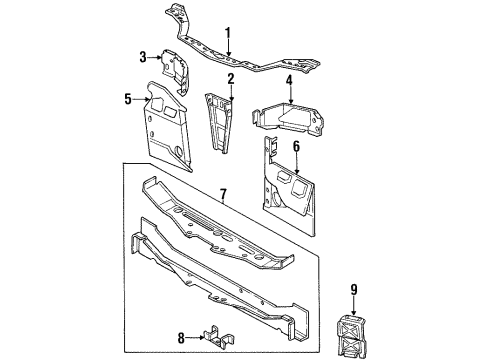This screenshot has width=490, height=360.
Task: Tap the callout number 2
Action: [x=229, y=78]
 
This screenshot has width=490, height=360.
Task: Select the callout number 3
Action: [x=143, y=57]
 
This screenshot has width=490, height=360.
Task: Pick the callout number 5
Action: [x=128, y=98]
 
